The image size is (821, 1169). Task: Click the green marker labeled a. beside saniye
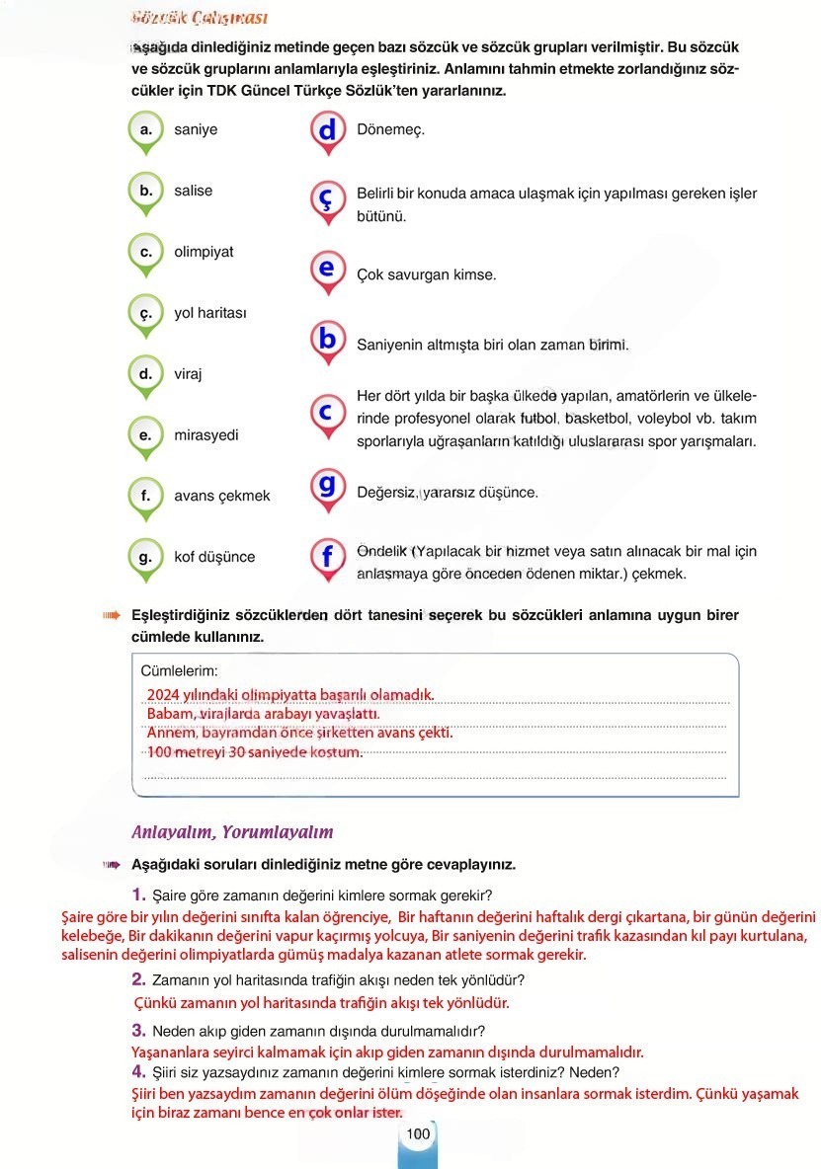(145, 130)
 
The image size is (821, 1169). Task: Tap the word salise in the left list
(193, 191)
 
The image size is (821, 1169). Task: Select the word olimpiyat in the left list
(204, 252)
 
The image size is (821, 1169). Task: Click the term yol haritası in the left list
(210, 313)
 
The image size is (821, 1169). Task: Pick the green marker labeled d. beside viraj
(145, 374)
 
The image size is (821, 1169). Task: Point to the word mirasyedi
(205, 434)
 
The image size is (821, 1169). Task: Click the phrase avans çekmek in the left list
(221, 496)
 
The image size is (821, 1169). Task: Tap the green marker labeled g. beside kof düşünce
(145, 557)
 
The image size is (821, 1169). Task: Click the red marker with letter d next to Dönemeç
(327, 130)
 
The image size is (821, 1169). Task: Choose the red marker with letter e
(327, 269)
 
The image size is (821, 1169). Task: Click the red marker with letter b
(327, 339)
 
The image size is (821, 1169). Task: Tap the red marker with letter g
(327, 486)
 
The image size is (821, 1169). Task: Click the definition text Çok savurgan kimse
(426, 275)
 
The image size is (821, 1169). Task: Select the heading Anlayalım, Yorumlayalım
(232, 831)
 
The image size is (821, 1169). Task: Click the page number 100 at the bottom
(418, 1134)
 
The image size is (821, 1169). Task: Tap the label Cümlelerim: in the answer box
(179, 670)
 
